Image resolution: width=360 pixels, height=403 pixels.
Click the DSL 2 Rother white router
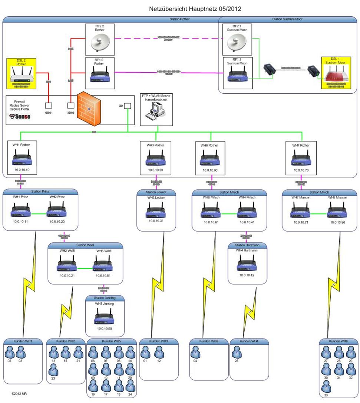22,75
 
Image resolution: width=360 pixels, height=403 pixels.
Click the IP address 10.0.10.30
156,170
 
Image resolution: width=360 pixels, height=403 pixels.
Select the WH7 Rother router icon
301,158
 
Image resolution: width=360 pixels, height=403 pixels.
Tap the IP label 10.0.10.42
247,275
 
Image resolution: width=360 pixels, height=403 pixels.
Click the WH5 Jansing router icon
104,318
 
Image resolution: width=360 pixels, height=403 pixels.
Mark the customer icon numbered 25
237,352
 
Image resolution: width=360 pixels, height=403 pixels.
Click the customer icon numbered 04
196,352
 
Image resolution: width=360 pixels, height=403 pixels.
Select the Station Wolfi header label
85,245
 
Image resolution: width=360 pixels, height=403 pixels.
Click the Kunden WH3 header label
159,341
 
